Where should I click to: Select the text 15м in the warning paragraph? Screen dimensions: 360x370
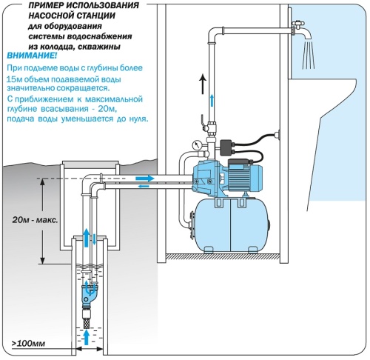coord(15,79)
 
